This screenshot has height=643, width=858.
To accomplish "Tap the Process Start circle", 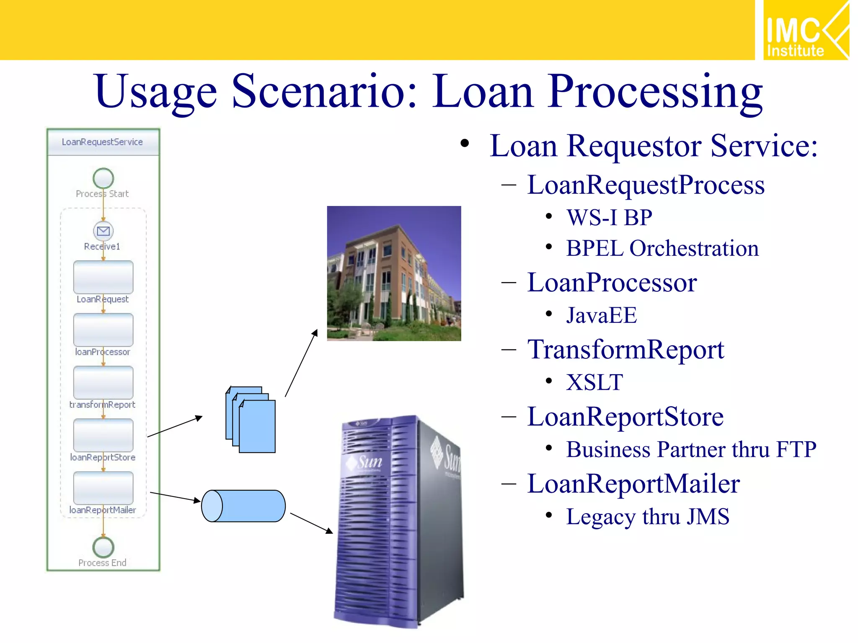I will click(103, 178).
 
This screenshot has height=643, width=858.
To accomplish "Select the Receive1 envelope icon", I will click(103, 231).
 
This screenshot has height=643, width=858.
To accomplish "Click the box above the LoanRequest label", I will click(103, 277).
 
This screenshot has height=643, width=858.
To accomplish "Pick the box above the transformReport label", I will click(103, 382).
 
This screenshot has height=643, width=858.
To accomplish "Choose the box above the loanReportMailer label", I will click(103, 488).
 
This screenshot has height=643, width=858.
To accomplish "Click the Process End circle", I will click(103, 547).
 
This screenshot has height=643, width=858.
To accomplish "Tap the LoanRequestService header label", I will click(102, 142).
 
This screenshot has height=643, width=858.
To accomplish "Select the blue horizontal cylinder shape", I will click(243, 506).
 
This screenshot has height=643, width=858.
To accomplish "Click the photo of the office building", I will click(394, 273).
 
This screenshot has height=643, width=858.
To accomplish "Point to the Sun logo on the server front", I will click(364, 462).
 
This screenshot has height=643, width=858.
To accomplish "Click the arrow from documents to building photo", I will click(301, 363).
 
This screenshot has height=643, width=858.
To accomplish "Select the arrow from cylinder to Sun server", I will click(311, 523).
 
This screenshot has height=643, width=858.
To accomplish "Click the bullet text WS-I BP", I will click(609, 218).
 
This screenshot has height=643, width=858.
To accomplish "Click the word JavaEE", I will click(601, 315).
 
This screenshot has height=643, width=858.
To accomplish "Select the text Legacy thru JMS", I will click(647, 517).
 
